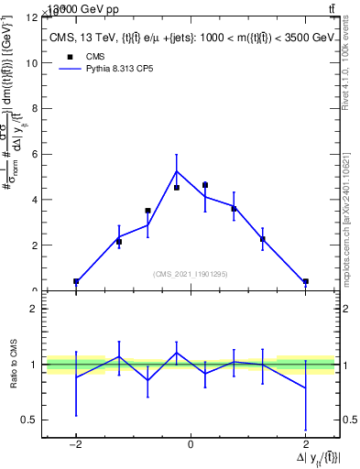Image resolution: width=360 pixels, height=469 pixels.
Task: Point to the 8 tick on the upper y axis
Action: [x=37, y=109]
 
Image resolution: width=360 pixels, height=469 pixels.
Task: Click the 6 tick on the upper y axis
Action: [x=37, y=154]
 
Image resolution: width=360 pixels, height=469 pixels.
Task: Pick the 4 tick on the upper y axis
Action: [x=37, y=200]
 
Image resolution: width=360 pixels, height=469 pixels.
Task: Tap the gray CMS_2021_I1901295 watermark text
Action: [x=191, y=274]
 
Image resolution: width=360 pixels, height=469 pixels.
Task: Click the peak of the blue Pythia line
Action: [x=177, y=171]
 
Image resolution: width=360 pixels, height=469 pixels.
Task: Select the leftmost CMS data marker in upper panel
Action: [x=76, y=281]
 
